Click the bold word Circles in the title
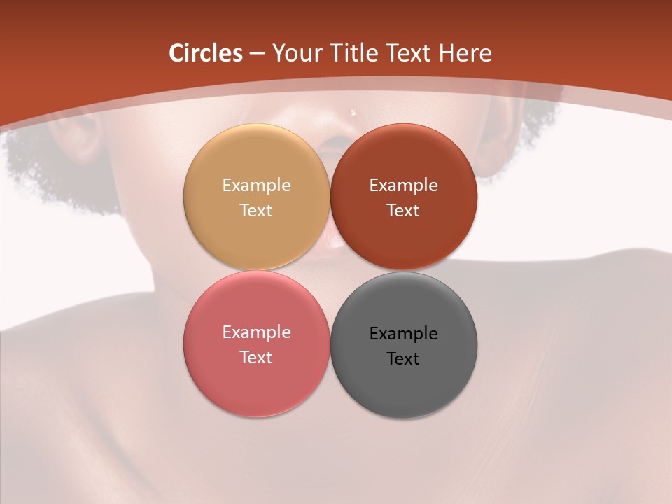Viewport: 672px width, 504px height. coord(205,53)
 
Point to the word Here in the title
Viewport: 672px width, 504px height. coord(465,53)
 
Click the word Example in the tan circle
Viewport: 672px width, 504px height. coord(256,185)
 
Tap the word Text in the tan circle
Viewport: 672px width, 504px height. coord(256,210)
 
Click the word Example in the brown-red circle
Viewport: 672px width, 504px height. coord(403,185)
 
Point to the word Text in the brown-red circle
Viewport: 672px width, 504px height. coord(403,210)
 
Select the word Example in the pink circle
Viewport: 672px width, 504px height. coord(256,332)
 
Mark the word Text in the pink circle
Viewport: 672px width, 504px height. coord(256,357)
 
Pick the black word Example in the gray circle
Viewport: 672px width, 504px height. coord(403,333)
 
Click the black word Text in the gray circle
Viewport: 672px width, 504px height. coord(403,358)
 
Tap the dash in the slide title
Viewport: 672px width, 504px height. coord(257,54)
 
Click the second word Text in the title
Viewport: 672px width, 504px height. coord(409,53)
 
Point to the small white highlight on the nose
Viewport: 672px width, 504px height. coord(353,111)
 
